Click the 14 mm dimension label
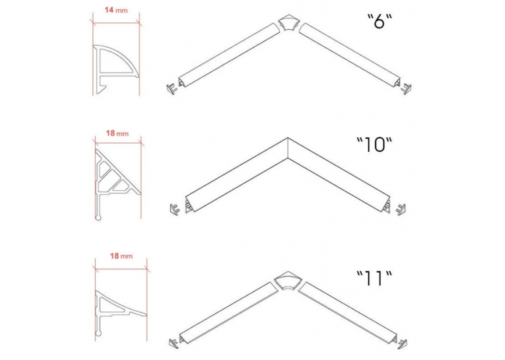point(116,10)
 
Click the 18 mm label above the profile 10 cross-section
point(118,133)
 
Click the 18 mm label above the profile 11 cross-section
point(121,256)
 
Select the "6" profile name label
point(380,22)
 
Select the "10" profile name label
point(374,145)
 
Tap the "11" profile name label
point(374,279)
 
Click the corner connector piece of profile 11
point(287,281)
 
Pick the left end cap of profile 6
point(172,89)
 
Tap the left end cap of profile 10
point(175,209)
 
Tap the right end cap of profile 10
point(400,209)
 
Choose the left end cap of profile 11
point(174,343)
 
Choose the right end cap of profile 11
point(401,343)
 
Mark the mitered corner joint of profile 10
point(288,148)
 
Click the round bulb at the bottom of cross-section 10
point(98,218)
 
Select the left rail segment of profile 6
point(229,55)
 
